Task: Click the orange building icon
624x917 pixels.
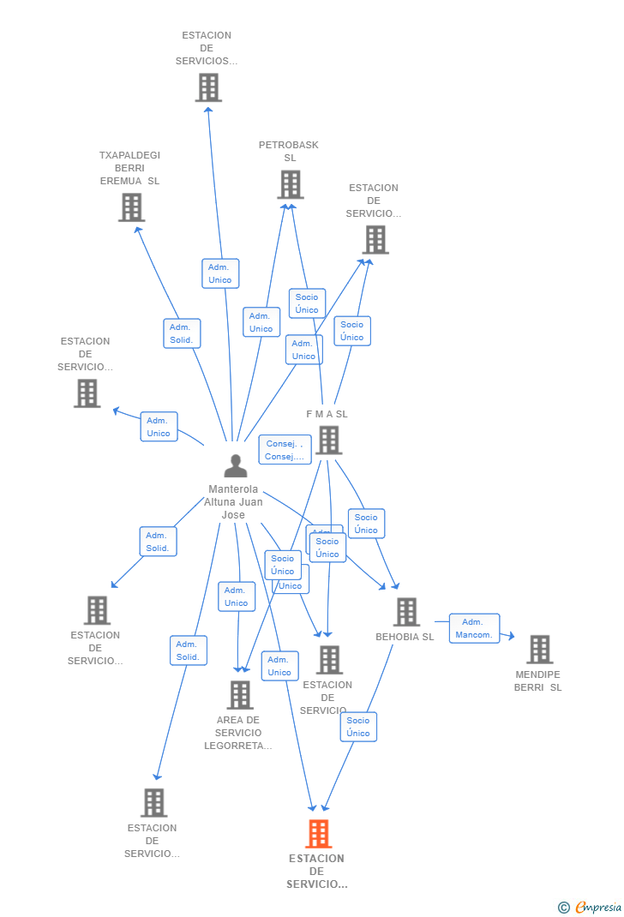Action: click(x=318, y=833)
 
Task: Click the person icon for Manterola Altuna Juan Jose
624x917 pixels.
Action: click(x=235, y=465)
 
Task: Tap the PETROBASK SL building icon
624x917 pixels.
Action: click(x=291, y=184)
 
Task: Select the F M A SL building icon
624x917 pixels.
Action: click(x=328, y=441)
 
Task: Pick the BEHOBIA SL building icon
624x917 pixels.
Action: click(x=406, y=612)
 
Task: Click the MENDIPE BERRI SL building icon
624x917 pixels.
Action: click(x=539, y=650)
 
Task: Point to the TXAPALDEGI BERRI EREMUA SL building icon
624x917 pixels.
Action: click(x=131, y=207)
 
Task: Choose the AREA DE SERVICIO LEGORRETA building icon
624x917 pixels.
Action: click(x=240, y=695)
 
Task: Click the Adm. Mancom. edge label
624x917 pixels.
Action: click(x=474, y=628)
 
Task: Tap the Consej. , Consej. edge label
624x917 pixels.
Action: click(x=285, y=450)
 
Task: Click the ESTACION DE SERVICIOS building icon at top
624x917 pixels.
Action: click(x=208, y=87)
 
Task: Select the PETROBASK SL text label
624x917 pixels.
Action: click(x=289, y=152)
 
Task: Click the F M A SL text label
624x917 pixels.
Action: click(x=327, y=415)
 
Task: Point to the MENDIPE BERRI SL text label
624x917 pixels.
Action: click(x=538, y=681)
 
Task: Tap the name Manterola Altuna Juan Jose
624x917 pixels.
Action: click(x=233, y=502)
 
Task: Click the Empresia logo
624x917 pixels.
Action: click(x=597, y=908)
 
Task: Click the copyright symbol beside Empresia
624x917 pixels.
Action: click(x=563, y=908)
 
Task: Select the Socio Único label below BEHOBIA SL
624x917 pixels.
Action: click(x=358, y=727)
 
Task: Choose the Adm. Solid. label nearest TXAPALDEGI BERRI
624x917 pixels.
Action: click(x=182, y=333)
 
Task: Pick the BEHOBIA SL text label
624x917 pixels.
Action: click(x=405, y=637)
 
